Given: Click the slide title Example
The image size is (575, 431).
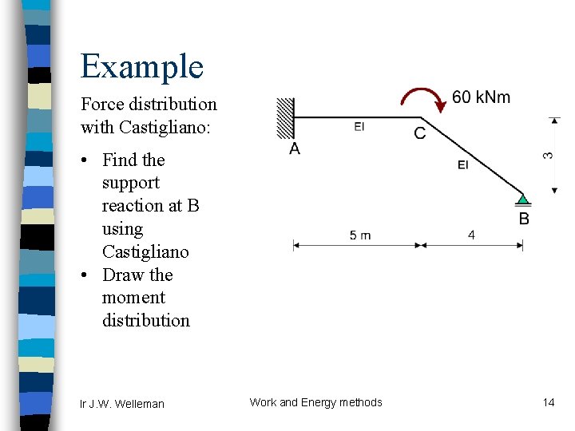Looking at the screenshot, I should pyautogui.click(x=142, y=66).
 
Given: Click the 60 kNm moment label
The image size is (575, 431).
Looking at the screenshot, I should pyautogui.click(x=481, y=97).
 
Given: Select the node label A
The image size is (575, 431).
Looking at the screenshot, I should pyautogui.click(x=295, y=148).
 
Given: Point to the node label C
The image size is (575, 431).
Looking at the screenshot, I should pyautogui.click(x=420, y=132).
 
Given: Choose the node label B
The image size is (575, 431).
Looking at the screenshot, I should pyautogui.click(x=524, y=219).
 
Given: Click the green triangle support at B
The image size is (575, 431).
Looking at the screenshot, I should pyautogui.click(x=522, y=200).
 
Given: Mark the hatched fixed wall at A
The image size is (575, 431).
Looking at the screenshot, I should pyautogui.click(x=285, y=117).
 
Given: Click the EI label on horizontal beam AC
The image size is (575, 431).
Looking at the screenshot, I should pyautogui.click(x=359, y=126).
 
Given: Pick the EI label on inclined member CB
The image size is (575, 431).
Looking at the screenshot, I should pyautogui.click(x=463, y=164).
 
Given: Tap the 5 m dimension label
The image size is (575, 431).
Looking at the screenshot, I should pyautogui.click(x=360, y=235).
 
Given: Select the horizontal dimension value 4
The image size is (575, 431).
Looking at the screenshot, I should pyautogui.click(x=471, y=235).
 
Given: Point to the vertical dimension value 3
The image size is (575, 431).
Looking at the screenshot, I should pyautogui.click(x=549, y=154).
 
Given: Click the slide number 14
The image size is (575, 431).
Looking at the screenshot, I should pyautogui.click(x=549, y=402).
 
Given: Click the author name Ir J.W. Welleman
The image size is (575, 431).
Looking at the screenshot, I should pyautogui.click(x=122, y=404).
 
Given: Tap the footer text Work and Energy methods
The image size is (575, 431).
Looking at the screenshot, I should pyautogui.click(x=315, y=402).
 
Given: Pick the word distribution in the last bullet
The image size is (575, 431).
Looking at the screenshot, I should pyautogui.click(x=146, y=321).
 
